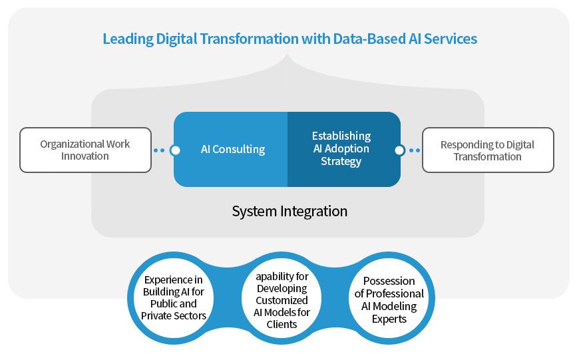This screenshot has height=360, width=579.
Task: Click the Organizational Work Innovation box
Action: pos(85,150)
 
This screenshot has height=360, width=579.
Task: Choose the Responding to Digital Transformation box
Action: pos(488,150)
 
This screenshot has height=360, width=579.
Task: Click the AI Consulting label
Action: pos(233,150)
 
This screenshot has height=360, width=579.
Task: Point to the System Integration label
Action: pos(289,212)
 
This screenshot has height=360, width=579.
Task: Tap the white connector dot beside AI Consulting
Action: pos(175,150)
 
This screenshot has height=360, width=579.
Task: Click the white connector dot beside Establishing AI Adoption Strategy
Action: pos(399,150)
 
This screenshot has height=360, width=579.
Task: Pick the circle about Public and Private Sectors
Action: pos(174,297)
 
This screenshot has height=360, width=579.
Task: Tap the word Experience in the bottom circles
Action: pos(174,279)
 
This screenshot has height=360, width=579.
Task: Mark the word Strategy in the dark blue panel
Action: pos(341,162)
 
